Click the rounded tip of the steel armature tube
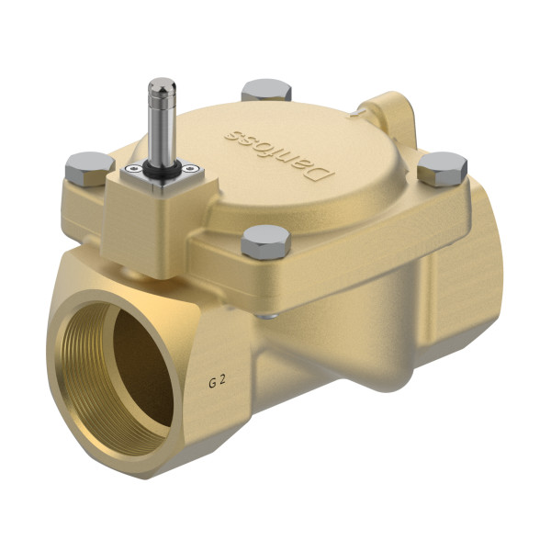pos(161,86)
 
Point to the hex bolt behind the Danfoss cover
pos(265,90)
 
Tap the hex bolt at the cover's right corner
pos(443,168)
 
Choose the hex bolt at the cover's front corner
pos(265,242)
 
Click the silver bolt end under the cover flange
pos(266,317)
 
